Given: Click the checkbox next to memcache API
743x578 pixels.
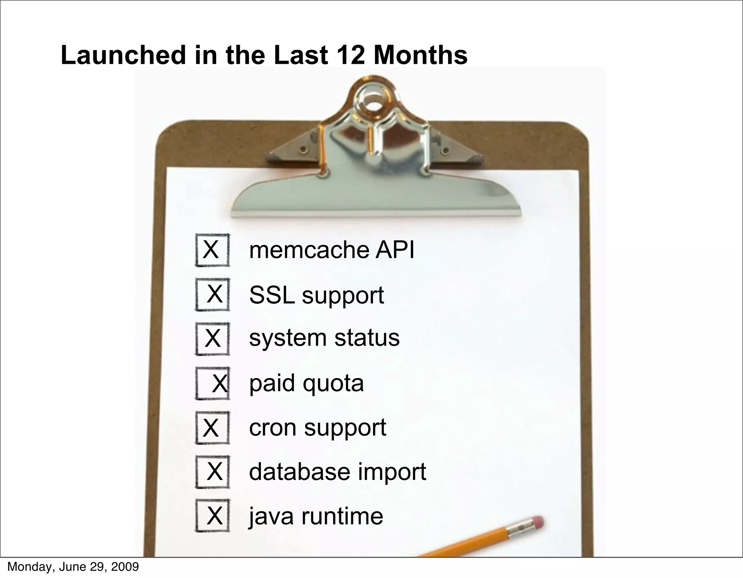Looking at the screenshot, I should click(213, 250).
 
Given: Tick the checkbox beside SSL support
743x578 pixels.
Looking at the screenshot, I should click(213, 294).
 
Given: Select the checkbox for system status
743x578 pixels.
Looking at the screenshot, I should click(213, 339).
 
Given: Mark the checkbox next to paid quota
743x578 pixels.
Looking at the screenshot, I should click(213, 384).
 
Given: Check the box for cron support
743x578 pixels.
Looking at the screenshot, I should click(213, 427).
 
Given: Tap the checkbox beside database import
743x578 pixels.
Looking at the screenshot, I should click(213, 472).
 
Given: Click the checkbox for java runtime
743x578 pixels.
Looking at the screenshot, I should click(213, 516).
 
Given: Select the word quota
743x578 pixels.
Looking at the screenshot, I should click(333, 384).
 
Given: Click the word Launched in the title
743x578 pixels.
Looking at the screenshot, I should click(123, 55).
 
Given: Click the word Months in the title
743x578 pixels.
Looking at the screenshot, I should click(420, 55).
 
